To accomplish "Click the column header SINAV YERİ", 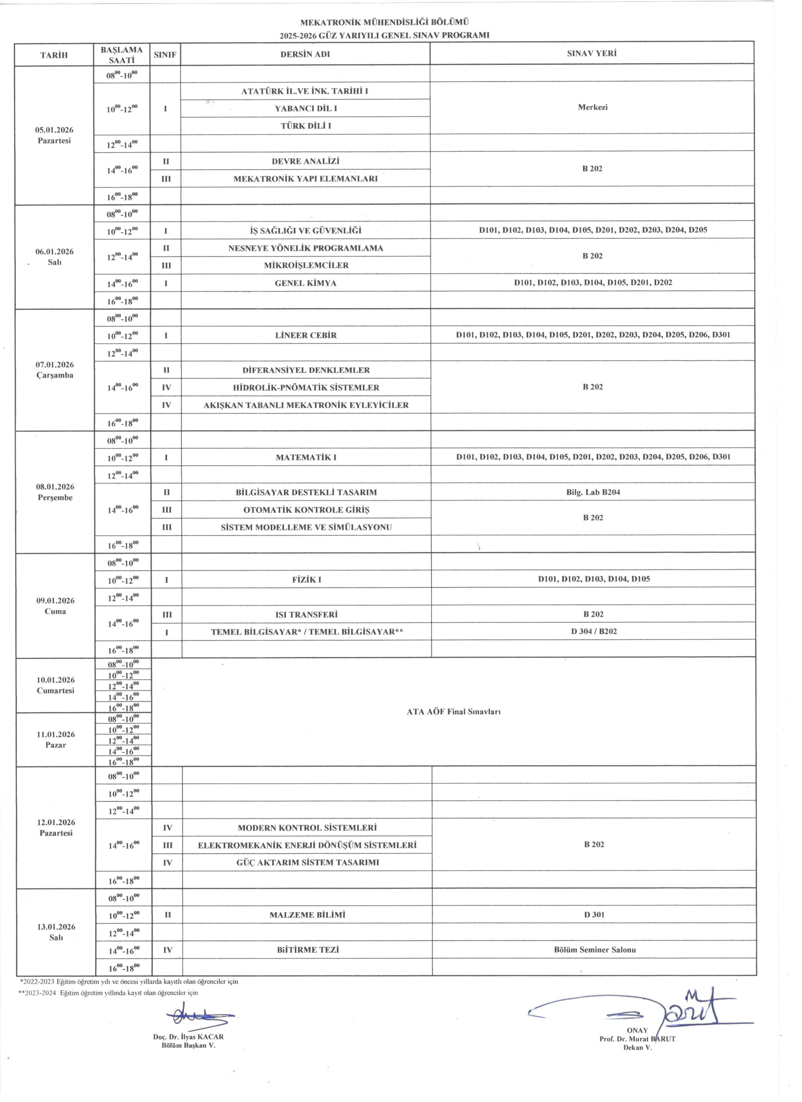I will point(591,53).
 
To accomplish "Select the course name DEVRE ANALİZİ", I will point(305,161).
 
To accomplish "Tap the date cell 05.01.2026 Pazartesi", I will point(54,135).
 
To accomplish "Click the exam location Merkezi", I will point(593,107).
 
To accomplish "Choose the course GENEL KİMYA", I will point(305,283).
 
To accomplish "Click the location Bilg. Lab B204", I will point(593,492).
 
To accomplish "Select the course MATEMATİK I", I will point(306,457).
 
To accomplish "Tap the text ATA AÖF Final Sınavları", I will point(453,712).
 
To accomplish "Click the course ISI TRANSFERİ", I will point(306,615).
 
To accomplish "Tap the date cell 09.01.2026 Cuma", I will point(55,606).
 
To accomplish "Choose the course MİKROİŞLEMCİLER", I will point(306,265).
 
